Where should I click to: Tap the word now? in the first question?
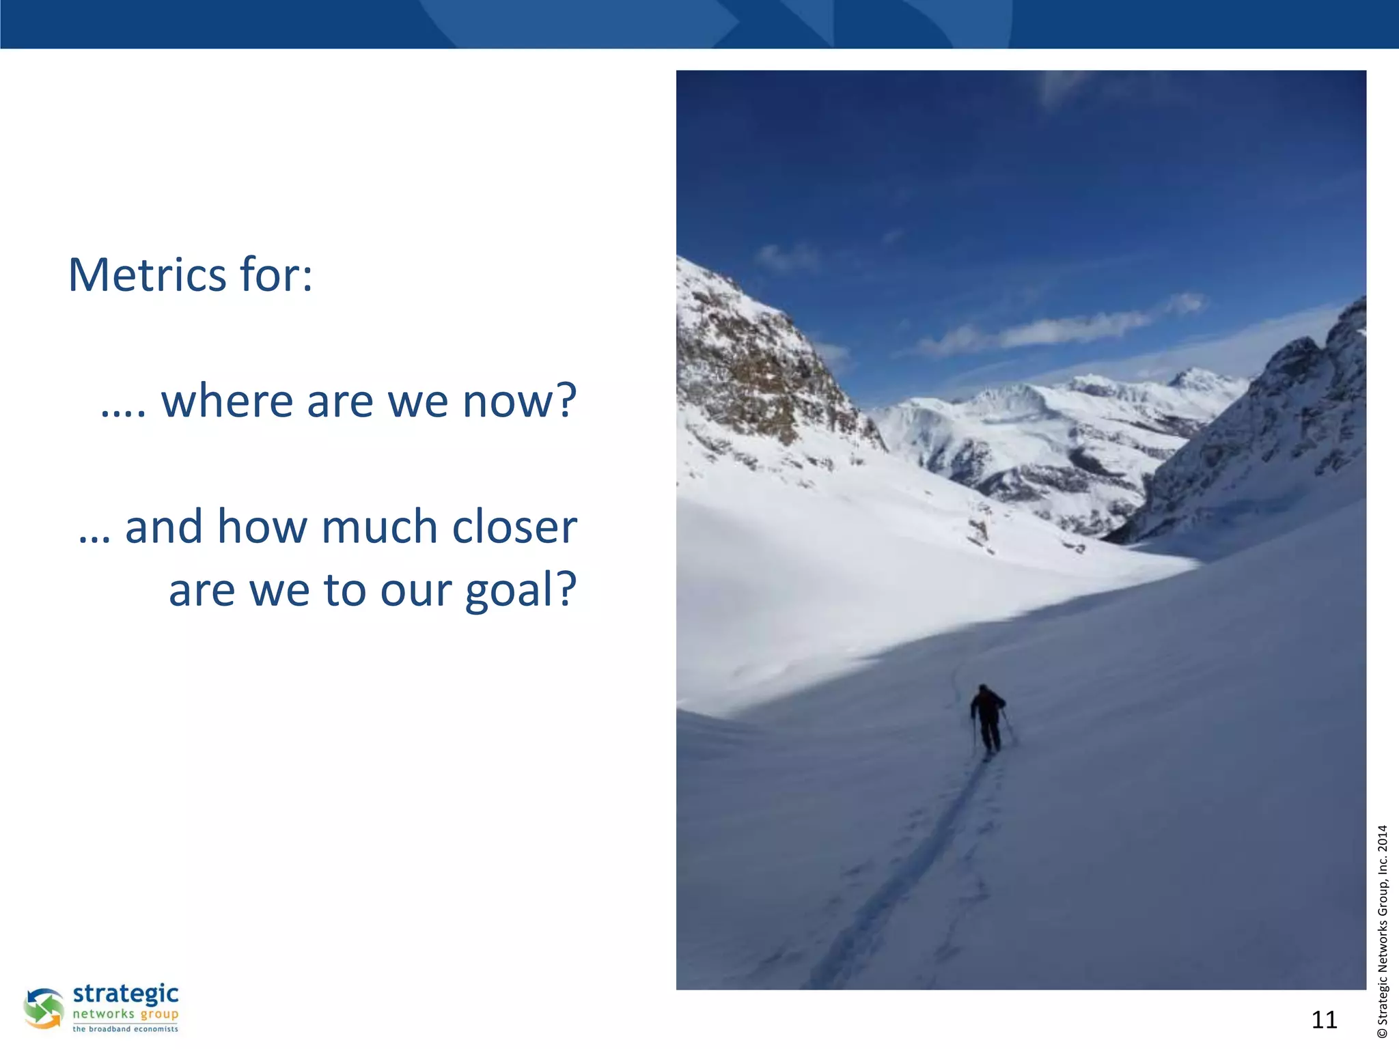tap(520, 401)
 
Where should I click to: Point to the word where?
tap(226, 401)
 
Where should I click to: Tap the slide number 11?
tap(1324, 1020)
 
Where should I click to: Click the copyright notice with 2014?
tap(1383, 932)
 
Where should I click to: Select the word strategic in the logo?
tap(126, 994)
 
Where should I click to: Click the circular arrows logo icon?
tap(44, 1008)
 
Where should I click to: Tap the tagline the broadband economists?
tap(126, 1029)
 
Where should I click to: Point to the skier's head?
tap(983, 689)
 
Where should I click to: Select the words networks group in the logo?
tap(126, 1014)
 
